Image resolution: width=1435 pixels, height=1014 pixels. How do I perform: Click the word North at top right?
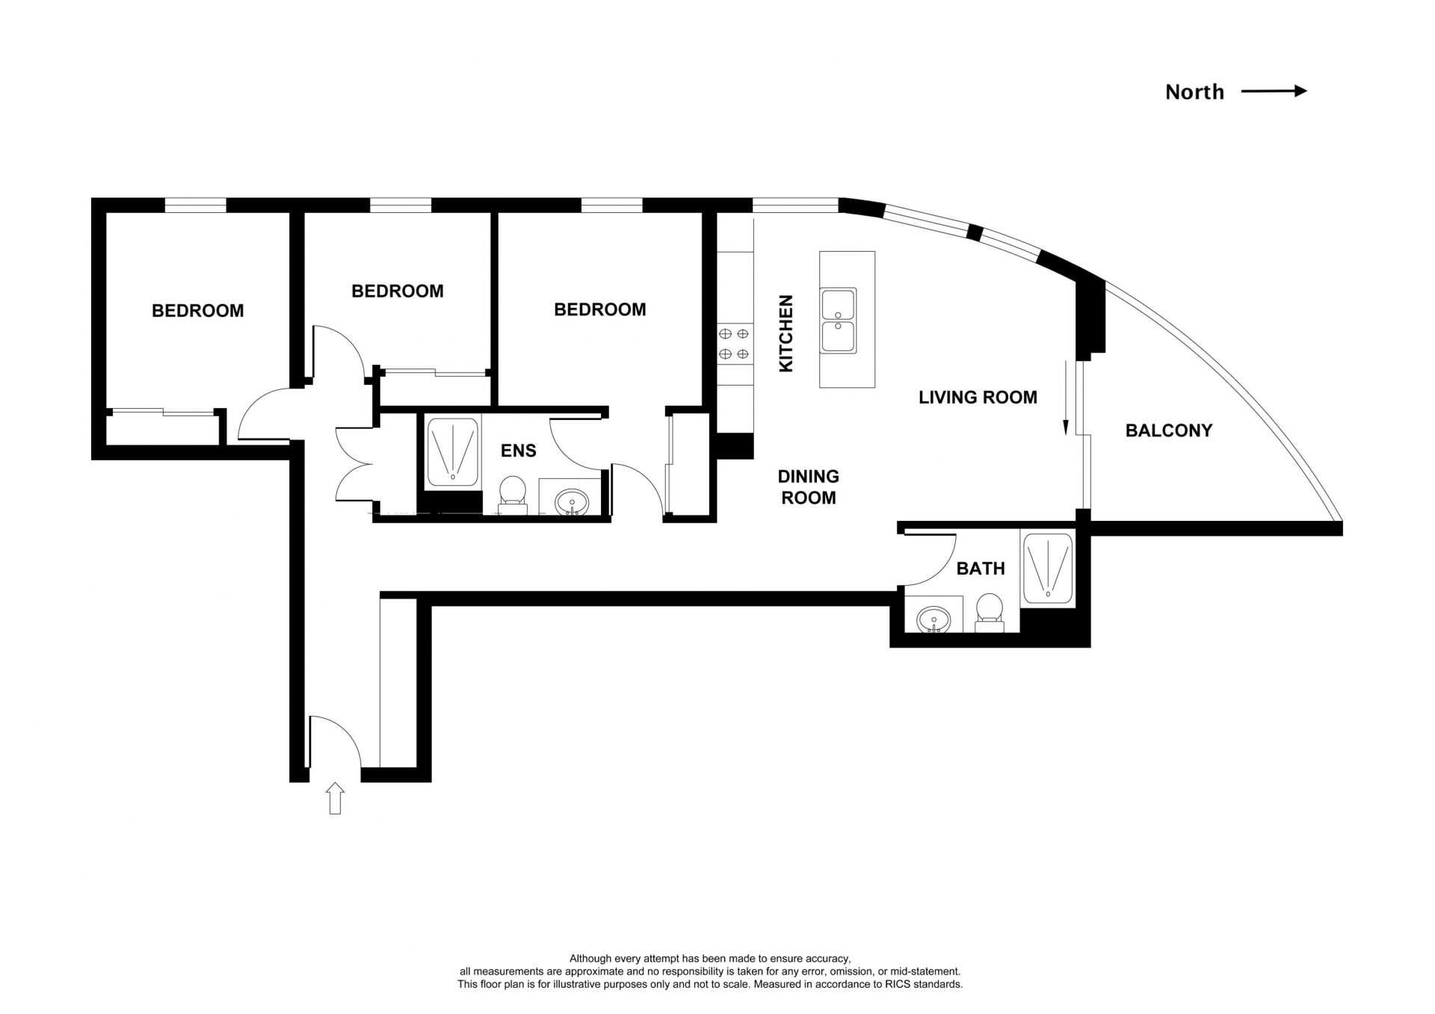(x=1194, y=92)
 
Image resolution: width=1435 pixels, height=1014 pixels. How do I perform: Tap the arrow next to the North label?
(x=1274, y=91)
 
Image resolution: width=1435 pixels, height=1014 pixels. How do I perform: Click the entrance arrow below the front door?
(x=335, y=798)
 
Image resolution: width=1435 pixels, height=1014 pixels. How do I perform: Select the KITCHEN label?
(x=786, y=333)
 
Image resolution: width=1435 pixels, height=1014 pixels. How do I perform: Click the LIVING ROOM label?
(x=978, y=398)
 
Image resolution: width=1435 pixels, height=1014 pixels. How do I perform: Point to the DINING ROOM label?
(x=809, y=486)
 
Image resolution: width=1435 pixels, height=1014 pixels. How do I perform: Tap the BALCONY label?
(x=1169, y=430)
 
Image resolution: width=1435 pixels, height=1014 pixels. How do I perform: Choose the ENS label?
(x=518, y=451)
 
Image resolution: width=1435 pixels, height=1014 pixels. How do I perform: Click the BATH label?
(x=981, y=569)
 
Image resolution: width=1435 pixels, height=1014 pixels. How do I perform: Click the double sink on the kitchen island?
(x=839, y=321)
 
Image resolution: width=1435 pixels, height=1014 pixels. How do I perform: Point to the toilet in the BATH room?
(x=990, y=613)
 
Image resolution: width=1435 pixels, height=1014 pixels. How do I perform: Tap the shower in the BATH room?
(x=1048, y=568)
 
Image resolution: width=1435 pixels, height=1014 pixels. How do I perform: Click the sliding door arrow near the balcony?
(x=1066, y=398)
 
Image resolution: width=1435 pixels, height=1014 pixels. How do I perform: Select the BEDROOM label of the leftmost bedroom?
(x=198, y=311)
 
